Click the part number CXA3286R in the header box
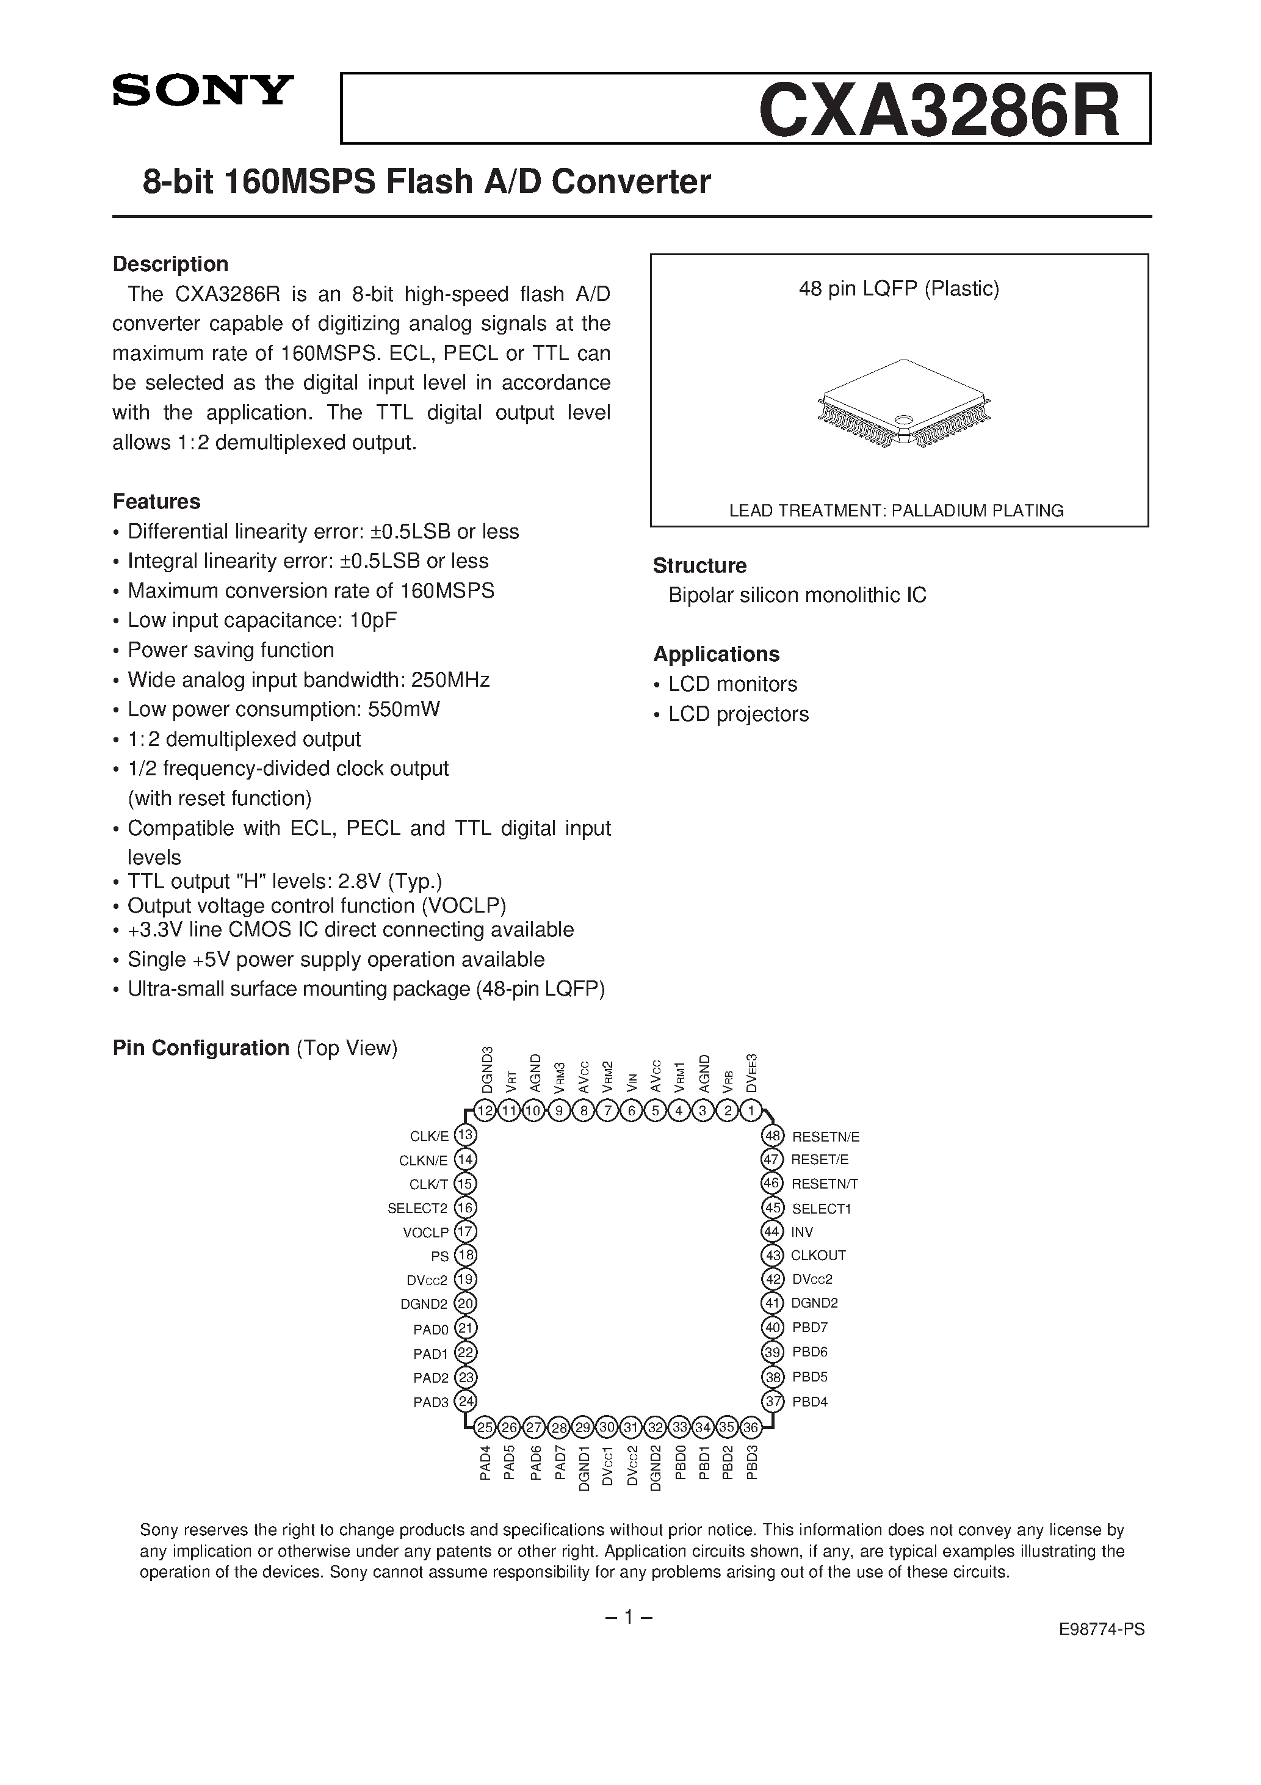[939, 110]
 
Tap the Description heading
[170, 264]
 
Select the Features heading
[156, 501]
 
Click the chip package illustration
[904, 404]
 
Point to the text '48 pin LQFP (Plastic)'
[898, 289]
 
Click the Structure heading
[699, 566]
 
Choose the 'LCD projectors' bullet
[738, 714]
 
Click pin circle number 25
[485, 1427]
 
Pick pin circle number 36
[751, 1427]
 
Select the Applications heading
[716, 654]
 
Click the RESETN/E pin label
[825, 1137]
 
